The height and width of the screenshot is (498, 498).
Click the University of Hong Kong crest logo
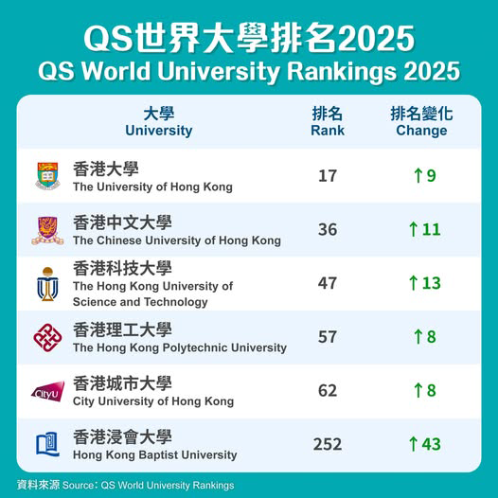coord(47,176)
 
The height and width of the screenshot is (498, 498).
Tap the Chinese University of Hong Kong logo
coord(47,230)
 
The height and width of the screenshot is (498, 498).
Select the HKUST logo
coord(47,284)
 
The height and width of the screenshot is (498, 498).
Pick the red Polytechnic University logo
coord(47,337)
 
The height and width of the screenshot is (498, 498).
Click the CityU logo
coord(47,391)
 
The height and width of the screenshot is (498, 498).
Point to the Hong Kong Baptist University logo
coord(47,444)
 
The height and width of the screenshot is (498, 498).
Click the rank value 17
coord(328,176)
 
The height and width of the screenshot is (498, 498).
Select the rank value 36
coord(328,230)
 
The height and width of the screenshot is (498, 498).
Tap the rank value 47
coord(328,284)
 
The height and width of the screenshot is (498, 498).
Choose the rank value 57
coord(328,337)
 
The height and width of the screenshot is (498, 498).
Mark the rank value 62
coord(328,391)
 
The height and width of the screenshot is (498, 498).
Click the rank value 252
coord(328,444)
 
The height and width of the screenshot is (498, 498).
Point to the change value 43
coord(431,444)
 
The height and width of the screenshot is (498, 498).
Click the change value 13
coord(431,284)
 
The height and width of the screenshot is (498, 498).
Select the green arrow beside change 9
coord(417,176)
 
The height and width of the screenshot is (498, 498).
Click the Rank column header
coord(328,122)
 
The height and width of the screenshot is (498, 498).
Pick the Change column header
coord(421,122)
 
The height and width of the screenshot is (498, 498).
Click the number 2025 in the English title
coord(432,72)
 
